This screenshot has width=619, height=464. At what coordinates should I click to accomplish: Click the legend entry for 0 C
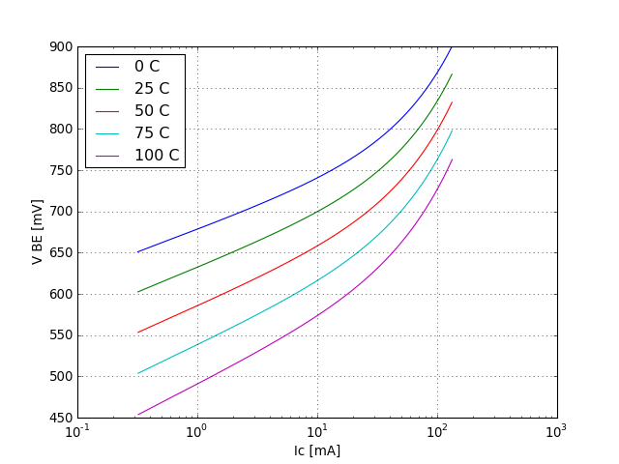click(147, 67)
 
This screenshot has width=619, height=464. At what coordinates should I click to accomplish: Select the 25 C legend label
click(152, 89)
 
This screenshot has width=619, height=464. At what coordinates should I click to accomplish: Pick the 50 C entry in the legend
click(152, 111)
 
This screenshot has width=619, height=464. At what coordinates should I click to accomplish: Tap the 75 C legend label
click(152, 133)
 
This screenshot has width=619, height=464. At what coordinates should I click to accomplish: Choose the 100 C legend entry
click(157, 156)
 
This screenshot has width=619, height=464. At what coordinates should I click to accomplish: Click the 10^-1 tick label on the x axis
click(78, 432)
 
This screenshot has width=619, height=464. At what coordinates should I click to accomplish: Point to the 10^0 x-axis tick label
click(197, 432)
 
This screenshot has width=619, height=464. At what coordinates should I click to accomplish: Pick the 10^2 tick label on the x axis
click(437, 432)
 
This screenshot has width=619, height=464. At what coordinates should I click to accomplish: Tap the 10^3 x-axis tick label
click(557, 432)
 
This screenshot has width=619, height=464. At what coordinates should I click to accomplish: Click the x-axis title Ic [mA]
click(317, 450)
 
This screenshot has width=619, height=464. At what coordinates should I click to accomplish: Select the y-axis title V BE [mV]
click(37, 232)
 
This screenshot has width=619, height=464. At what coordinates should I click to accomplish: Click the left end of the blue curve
click(137, 252)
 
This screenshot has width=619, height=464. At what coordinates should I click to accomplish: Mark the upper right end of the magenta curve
click(452, 159)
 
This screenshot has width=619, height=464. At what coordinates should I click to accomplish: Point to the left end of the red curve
click(137, 333)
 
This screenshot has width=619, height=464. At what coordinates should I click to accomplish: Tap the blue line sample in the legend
click(106, 67)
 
